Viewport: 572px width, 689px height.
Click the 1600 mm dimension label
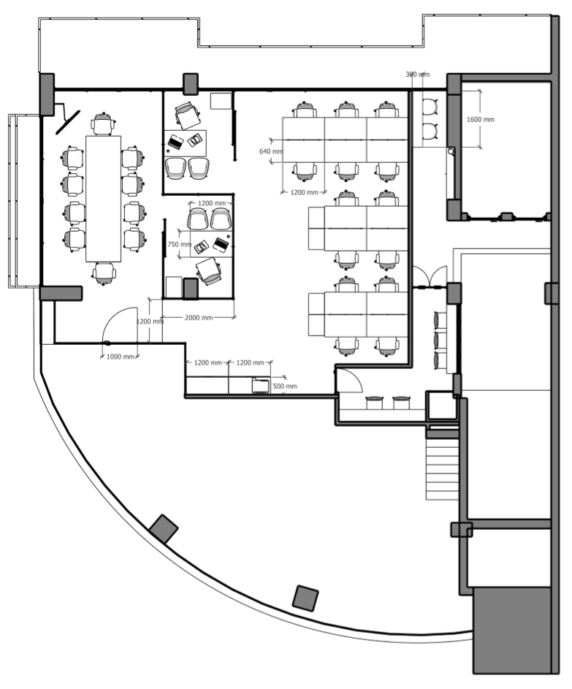coord(480,119)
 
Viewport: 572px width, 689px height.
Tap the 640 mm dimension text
coord(270,152)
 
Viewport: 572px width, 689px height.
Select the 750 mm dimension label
coord(178,245)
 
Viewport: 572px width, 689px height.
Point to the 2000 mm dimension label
coord(198,318)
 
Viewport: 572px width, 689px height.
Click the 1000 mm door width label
coord(120,357)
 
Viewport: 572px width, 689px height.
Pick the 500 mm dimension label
coord(285,386)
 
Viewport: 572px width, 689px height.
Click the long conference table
coord(103,197)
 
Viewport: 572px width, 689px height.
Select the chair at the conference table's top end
coord(103,123)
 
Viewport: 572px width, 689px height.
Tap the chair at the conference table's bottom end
coord(104,273)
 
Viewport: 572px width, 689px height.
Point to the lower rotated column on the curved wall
coord(305,598)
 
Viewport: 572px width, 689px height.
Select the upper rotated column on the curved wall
coord(164,529)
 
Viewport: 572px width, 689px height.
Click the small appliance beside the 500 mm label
coord(260,385)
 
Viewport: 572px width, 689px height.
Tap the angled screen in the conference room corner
coord(70,117)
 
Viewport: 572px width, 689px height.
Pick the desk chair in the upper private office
coord(188,115)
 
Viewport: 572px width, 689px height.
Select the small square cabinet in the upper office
coord(219,101)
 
